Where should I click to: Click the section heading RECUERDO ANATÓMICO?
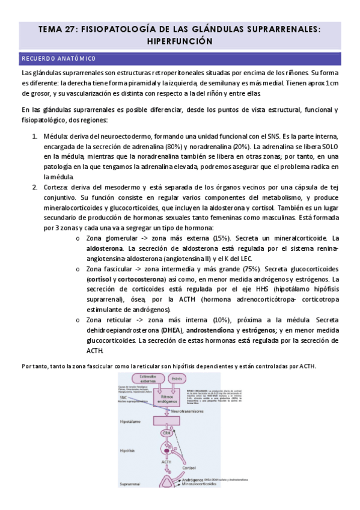pyautogui.click(x=58, y=58)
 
